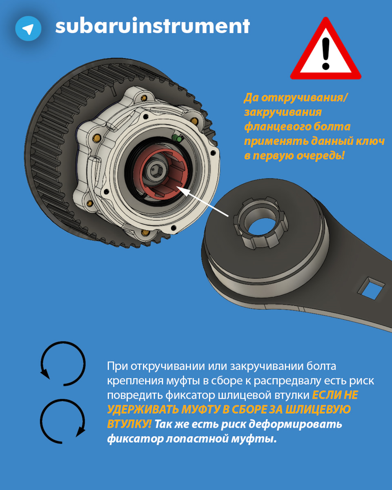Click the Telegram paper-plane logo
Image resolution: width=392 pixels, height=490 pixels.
28,29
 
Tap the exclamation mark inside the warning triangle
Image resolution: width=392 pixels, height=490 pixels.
326,53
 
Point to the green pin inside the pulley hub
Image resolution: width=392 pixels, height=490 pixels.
178,138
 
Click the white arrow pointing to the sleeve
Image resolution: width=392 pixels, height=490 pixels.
202,201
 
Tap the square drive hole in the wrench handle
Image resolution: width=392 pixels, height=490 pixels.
371,288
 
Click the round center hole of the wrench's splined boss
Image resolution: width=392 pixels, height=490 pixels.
261,223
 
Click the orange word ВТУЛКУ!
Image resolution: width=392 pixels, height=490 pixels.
129,424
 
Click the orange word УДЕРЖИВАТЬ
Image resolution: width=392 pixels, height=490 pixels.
143,410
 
